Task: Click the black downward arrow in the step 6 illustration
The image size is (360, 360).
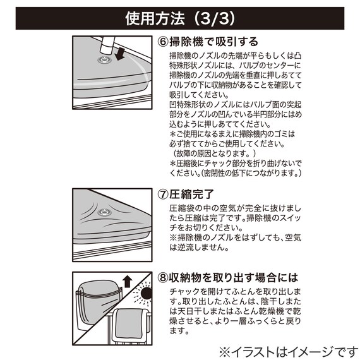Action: pyautogui.click(x=119, y=54)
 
